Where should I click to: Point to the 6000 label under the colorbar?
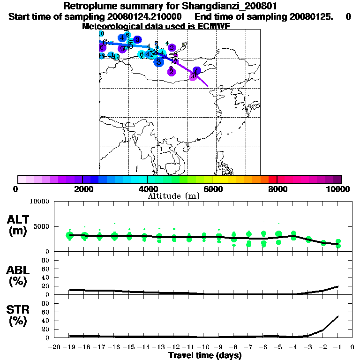pos(212,189)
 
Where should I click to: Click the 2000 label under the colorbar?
pos(82,189)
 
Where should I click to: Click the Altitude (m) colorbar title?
pos(173,196)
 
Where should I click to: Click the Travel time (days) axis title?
pos(205,355)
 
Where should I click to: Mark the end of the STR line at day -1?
pos(338,316)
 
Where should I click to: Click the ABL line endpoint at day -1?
pos(338,286)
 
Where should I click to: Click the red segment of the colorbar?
pos(273,179)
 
